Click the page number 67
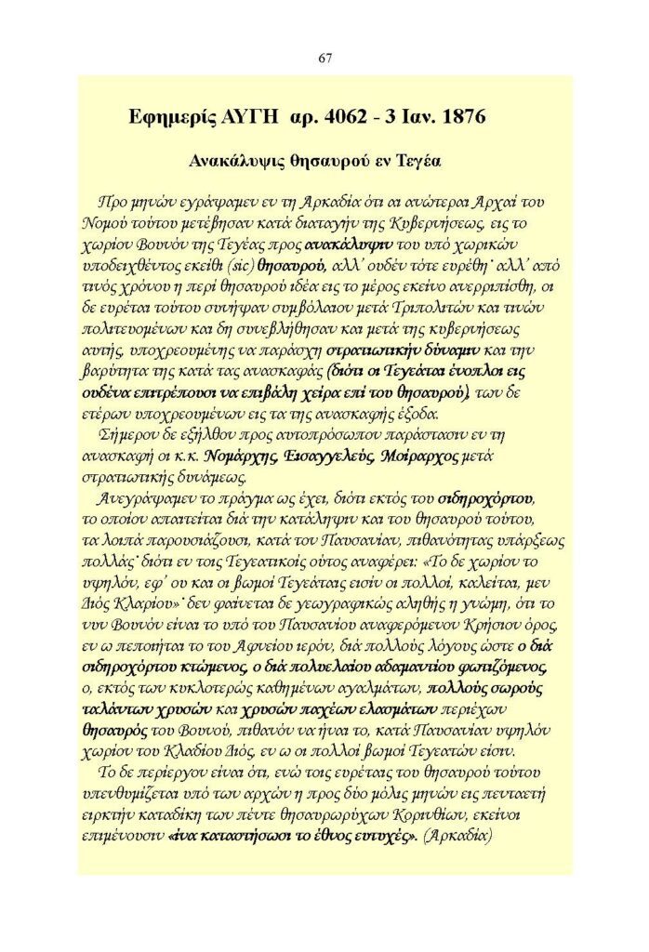tap(324, 58)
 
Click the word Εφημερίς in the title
tap(171, 118)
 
